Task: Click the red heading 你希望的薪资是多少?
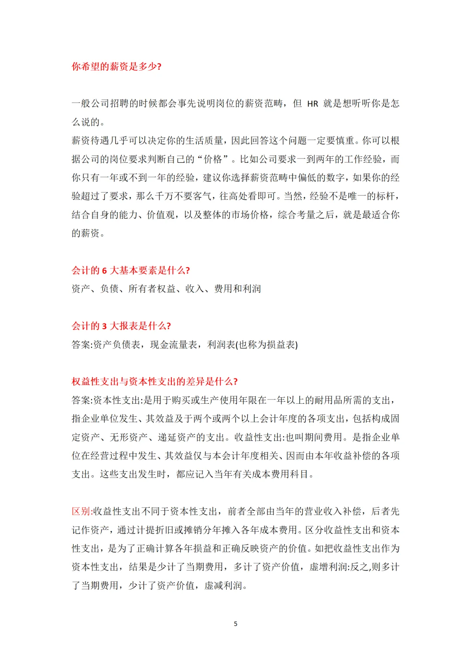click(x=116, y=66)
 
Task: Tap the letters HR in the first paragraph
click(x=313, y=104)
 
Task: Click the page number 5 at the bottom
click(x=235, y=624)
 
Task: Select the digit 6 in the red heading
click(x=105, y=271)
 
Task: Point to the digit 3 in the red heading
click(x=105, y=326)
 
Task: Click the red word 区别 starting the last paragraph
click(x=81, y=512)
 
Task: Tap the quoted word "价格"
click(x=213, y=159)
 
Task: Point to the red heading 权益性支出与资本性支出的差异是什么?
click(x=154, y=382)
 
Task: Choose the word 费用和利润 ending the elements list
click(x=237, y=289)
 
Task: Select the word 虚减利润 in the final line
click(x=223, y=585)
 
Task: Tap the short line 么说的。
click(x=88, y=122)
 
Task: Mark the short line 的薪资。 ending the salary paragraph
click(x=88, y=234)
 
